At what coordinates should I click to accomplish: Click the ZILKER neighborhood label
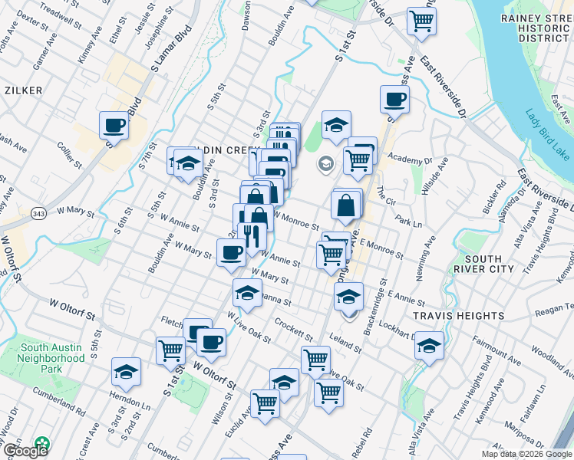(x=23, y=90)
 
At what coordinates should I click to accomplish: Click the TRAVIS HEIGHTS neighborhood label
(x=459, y=315)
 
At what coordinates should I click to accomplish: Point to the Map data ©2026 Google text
(x=526, y=454)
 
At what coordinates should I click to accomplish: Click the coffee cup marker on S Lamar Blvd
(x=114, y=123)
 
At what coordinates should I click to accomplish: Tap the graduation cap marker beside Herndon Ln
(x=127, y=373)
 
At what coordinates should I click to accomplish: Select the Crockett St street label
(x=295, y=331)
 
